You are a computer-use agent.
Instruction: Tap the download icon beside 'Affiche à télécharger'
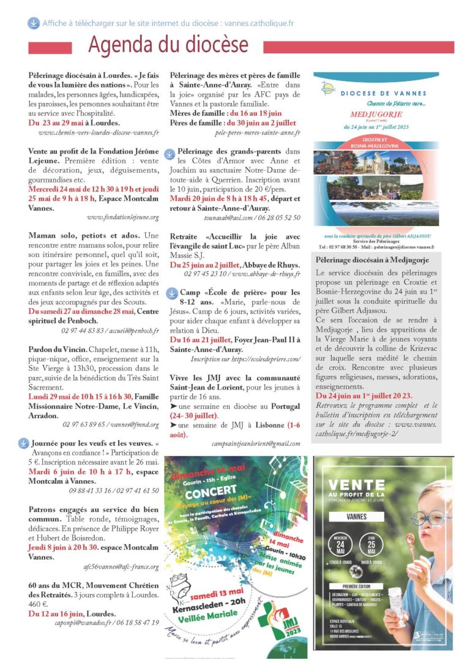coord(33,23)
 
